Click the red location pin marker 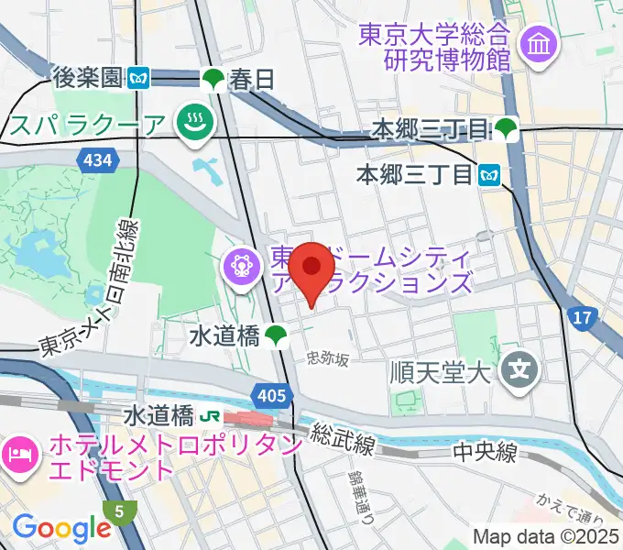(314, 269)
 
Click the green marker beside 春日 (213, 80)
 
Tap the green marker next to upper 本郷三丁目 (507, 129)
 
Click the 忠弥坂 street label (329, 359)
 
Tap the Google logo (61, 527)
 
